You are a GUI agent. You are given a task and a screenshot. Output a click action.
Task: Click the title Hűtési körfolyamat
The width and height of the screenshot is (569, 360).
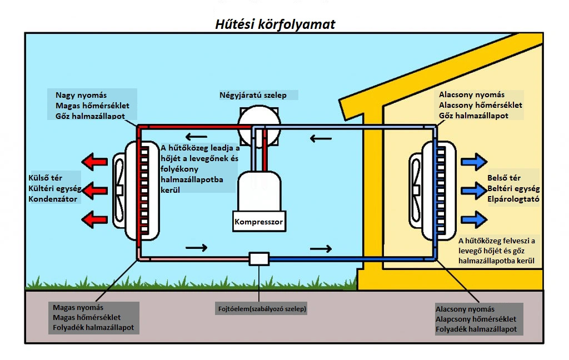click(275, 24)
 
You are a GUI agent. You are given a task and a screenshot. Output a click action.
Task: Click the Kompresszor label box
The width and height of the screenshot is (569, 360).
click(259, 222)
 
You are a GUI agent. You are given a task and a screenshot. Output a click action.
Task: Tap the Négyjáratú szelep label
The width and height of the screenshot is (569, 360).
click(253, 95)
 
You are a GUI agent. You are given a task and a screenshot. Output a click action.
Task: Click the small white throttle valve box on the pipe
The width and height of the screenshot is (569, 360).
click(259, 258)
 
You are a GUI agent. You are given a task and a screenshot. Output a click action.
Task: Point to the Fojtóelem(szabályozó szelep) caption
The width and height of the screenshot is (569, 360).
click(262, 308)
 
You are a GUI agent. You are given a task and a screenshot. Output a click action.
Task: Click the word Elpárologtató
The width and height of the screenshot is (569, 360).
click(513, 198)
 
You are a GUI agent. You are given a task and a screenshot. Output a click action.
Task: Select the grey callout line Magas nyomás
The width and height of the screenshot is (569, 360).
click(78, 307)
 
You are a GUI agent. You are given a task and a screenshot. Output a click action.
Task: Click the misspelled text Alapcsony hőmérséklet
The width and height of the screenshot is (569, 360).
click(476, 319)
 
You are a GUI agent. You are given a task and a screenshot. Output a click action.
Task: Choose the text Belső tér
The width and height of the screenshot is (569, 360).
click(503, 178)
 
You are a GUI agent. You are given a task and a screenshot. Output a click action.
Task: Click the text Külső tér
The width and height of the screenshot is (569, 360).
click(46, 178)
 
